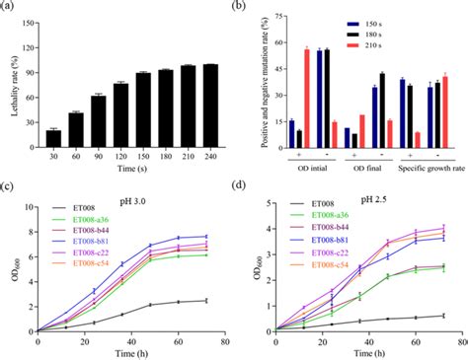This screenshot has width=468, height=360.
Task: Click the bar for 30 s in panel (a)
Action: [x=53, y=138]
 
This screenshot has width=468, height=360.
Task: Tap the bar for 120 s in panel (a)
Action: [x=120, y=114]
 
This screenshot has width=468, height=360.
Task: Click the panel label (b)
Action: [x=245, y=8]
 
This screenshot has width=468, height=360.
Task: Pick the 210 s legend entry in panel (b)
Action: [x=417, y=44]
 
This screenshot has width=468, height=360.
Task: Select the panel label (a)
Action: [x=9, y=8]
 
